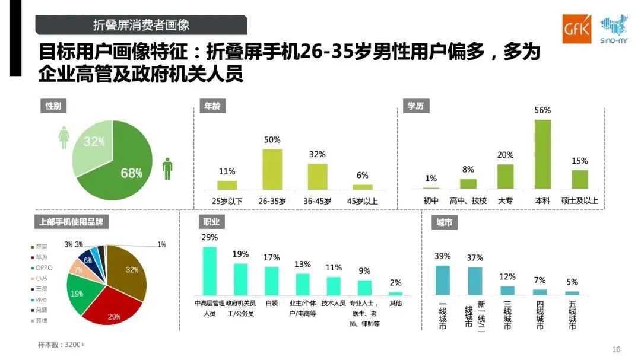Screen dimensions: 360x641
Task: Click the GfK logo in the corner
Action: pyautogui.click(x=576, y=29)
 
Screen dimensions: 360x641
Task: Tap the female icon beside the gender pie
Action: pyautogui.click(x=64, y=137)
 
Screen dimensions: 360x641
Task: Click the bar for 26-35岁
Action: pyautogui.click(x=272, y=169)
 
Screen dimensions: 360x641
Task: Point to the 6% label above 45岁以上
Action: pyautogui.click(x=362, y=176)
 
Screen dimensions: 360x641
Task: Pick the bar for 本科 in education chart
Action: pyautogui.click(x=542, y=154)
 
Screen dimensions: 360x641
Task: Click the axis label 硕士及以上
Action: pyautogui.click(x=580, y=201)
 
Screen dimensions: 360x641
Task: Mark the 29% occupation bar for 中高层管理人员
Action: pyautogui.click(x=210, y=270)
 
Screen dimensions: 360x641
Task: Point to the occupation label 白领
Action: pyautogui.click(x=271, y=303)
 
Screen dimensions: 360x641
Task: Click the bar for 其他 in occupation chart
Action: pyautogui.click(x=395, y=293)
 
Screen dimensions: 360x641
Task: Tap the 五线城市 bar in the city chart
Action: pyautogui.click(x=572, y=293)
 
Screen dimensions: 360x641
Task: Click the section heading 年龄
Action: pyautogui.click(x=211, y=107)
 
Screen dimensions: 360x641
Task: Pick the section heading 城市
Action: pyautogui.click(x=445, y=223)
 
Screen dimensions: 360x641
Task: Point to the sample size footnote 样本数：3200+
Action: pyautogui.click(x=62, y=345)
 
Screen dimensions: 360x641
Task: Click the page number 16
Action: pyautogui.click(x=615, y=349)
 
